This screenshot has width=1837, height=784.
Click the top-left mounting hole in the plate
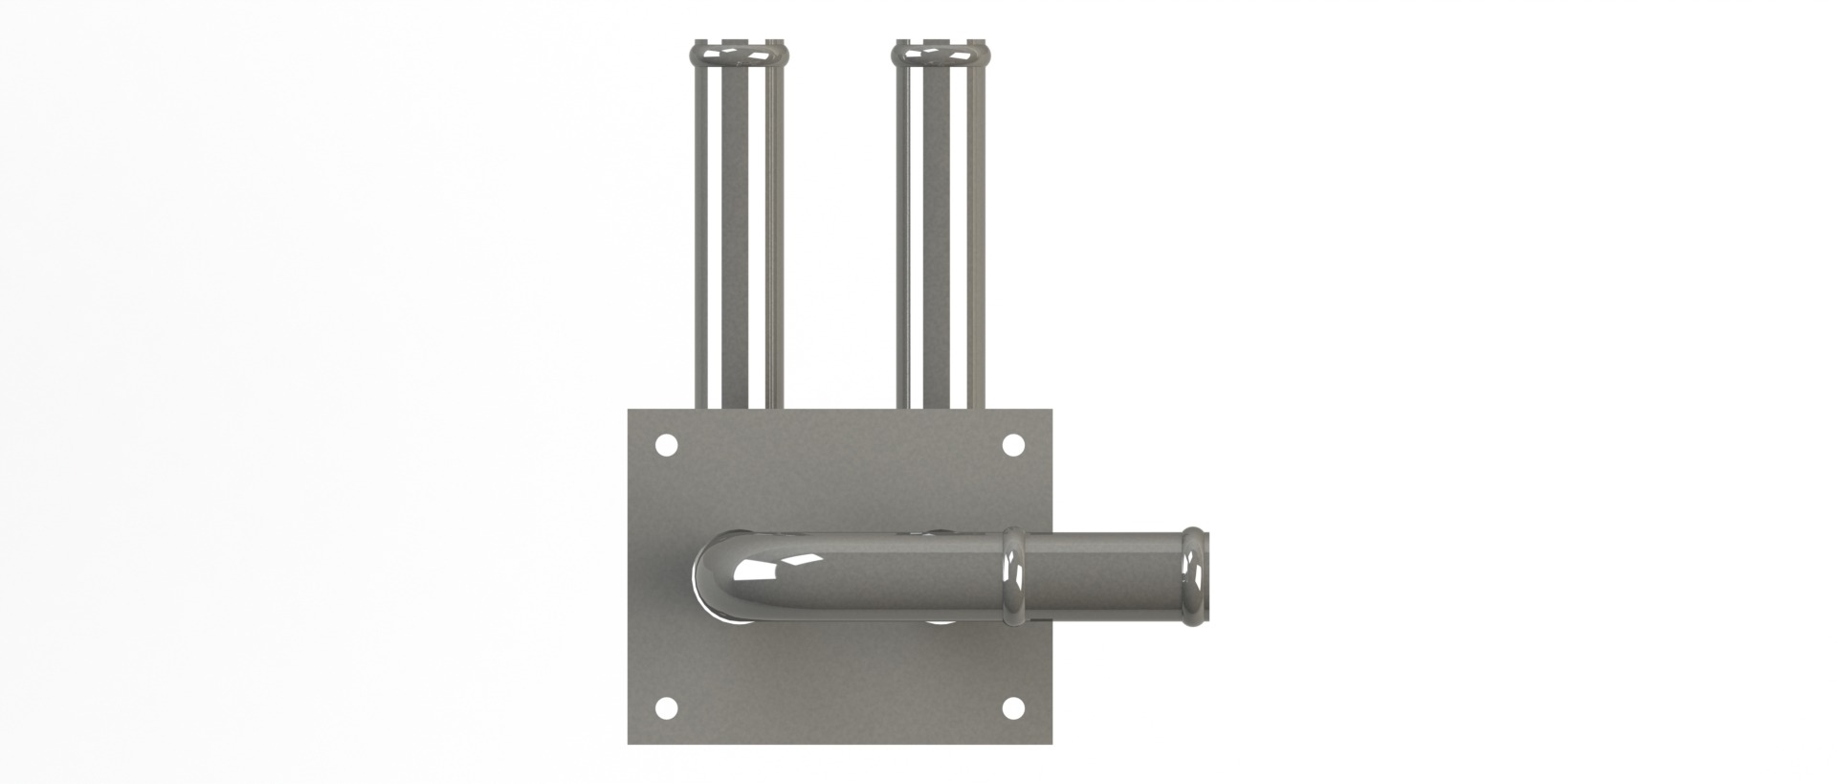point(667,445)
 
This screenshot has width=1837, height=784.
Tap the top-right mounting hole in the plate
point(1012,445)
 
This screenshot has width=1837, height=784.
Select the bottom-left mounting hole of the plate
point(667,708)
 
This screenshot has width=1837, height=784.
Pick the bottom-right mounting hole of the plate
point(1012,708)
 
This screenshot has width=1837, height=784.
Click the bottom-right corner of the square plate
point(1051,743)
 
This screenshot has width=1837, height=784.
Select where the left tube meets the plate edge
point(737,409)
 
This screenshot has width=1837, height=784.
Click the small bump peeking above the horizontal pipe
point(940,530)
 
